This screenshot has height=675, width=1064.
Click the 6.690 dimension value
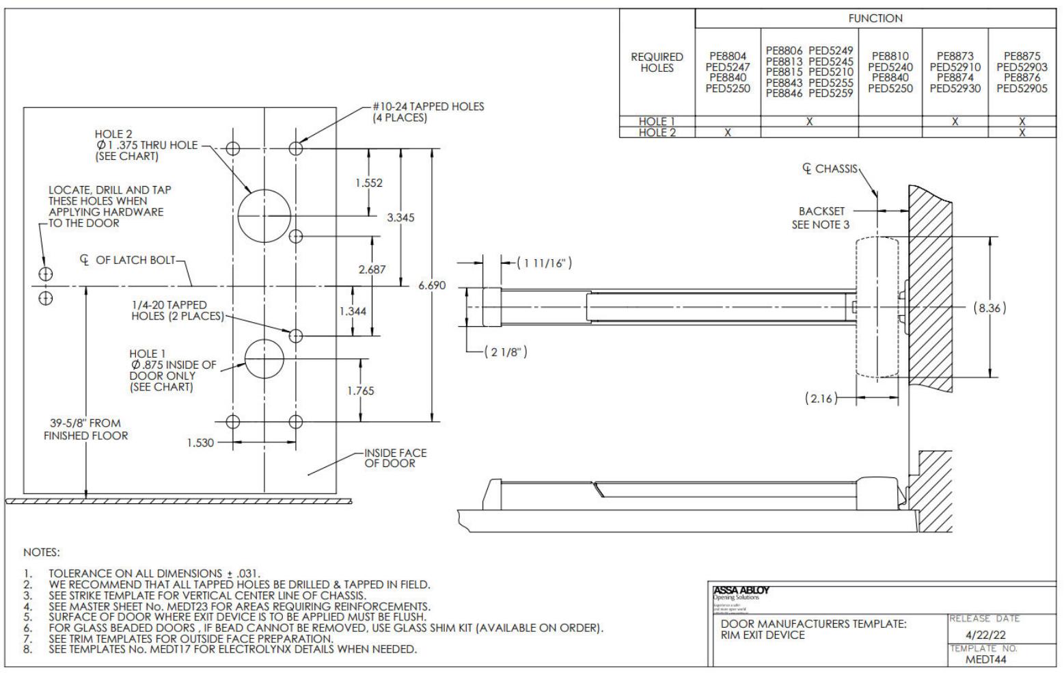pyautogui.click(x=432, y=285)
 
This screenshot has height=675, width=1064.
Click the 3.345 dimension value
pyautogui.click(x=400, y=217)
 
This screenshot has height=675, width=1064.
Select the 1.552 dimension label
pyautogui.click(x=369, y=183)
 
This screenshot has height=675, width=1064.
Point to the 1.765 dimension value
pyautogui.click(x=360, y=391)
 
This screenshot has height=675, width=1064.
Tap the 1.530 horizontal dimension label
pyautogui.click(x=200, y=443)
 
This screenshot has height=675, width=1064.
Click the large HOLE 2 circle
pyautogui.click(x=264, y=215)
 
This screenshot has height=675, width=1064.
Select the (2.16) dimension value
pyautogui.click(x=820, y=398)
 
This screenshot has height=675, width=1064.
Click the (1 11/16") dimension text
pyautogui.click(x=544, y=263)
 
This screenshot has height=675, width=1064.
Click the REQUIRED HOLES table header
pyautogui.click(x=657, y=62)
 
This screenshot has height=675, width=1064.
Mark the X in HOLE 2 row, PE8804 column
pyautogui.click(x=728, y=133)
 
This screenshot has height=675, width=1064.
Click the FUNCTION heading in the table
pyautogui.click(x=875, y=18)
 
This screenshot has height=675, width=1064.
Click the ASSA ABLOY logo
pyautogui.click(x=741, y=591)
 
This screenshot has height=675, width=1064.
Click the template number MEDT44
pyautogui.click(x=985, y=660)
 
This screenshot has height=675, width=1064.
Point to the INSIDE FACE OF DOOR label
pyautogui.click(x=395, y=458)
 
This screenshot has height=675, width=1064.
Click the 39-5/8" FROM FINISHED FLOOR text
pyautogui.click(x=86, y=429)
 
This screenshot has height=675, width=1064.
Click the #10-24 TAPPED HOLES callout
pyautogui.click(x=428, y=111)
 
